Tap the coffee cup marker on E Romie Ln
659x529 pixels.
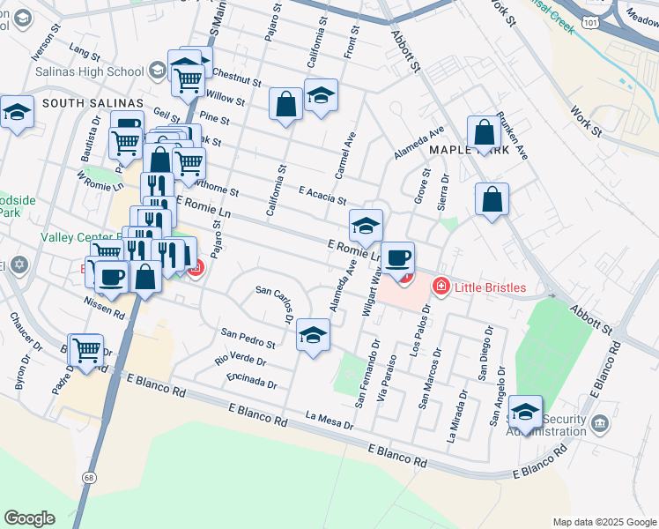(398, 257)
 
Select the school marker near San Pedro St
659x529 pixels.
(313, 335)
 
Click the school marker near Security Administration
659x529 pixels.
(525, 412)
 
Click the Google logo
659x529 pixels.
(29, 518)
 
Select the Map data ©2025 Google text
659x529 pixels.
(603, 522)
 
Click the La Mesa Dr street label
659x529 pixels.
(329, 420)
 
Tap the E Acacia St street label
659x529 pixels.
(322, 196)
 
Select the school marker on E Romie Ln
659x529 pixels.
(366, 226)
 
